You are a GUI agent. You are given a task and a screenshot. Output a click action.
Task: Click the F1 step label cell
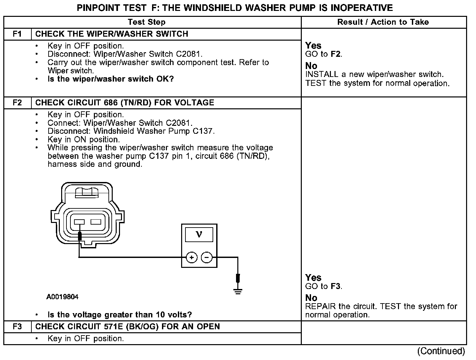[18, 34]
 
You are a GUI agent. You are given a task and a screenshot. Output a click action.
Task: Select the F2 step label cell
[18, 103]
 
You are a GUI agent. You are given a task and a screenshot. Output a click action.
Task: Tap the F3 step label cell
[18, 327]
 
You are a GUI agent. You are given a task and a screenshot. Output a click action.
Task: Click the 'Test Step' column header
[146, 22]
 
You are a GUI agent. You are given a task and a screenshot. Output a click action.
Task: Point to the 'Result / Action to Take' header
[383, 22]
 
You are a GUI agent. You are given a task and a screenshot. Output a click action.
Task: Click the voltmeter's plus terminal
[192, 257]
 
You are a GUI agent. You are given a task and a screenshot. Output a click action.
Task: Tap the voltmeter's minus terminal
[207, 257]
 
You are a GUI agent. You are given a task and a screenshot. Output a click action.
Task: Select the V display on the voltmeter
[199, 234]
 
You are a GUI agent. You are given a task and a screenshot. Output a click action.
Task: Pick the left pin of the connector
[79, 222]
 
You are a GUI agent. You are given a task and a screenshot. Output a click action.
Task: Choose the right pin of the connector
[96, 222]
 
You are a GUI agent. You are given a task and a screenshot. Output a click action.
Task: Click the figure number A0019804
[62, 297]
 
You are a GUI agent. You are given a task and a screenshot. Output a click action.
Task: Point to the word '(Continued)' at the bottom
[441, 351]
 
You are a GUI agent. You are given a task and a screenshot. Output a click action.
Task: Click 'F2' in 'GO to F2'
[336, 54]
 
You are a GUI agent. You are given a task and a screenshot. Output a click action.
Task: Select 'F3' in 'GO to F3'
[336, 286]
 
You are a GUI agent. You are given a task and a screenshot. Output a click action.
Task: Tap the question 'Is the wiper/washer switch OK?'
[111, 79]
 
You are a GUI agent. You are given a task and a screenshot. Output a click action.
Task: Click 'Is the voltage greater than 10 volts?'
[120, 315]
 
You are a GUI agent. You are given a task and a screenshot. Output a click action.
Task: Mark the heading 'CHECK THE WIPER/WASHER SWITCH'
[112, 34]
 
